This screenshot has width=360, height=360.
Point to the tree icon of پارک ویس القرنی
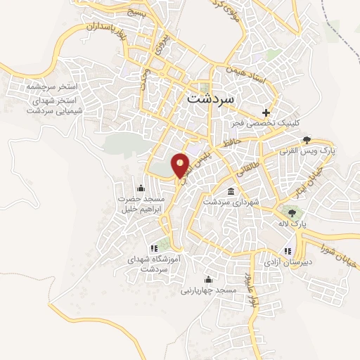point(307,140)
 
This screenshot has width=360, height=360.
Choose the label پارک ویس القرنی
point(307,151)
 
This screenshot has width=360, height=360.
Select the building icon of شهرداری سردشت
point(231,191)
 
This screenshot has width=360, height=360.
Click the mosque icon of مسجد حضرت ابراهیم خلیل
point(141,188)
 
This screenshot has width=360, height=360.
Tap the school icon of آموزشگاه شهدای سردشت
point(154,248)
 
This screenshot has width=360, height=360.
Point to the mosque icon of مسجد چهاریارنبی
point(207,279)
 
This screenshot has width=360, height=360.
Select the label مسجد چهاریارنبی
point(207,290)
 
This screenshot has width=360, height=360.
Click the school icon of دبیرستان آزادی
point(286,251)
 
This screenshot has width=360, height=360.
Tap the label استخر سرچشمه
point(51,86)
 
